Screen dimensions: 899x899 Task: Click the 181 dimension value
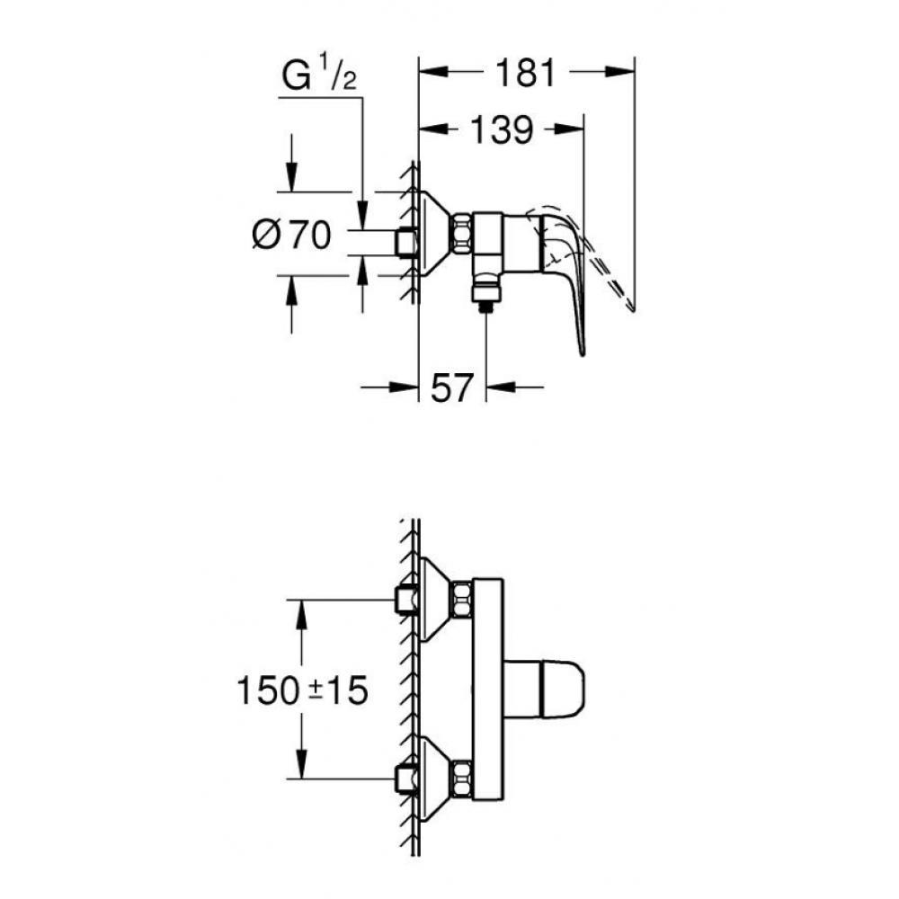[x=526, y=73]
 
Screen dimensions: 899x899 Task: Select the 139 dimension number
[x=502, y=130]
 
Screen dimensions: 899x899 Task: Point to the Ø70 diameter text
[x=292, y=234]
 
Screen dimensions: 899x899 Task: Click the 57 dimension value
[x=452, y=387]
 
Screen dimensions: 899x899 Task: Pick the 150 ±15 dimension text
[x=302, y=690]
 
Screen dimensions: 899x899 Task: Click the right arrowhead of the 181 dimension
[x=619, y=72]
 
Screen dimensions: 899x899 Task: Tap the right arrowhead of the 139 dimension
[x=569, y=129]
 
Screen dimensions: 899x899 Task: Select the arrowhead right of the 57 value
[x=501, y=387]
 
